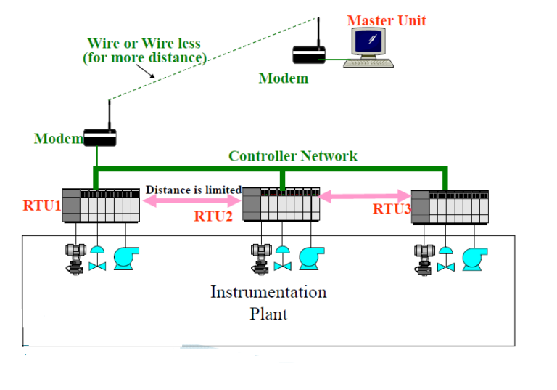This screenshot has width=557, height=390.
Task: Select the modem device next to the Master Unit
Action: (308, 55)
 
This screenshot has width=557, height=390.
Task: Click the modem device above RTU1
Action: (99, 137)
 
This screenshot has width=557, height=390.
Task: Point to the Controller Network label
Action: (292, 155)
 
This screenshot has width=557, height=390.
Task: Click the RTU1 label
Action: (41, 206)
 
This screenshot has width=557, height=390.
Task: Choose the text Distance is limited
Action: (193, 190)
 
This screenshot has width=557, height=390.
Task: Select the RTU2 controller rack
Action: (281, 204)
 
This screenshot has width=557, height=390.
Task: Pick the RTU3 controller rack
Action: (450, 206)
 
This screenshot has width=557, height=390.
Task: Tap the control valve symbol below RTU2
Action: (282, 259)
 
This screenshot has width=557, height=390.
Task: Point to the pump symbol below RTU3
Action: (474, 259)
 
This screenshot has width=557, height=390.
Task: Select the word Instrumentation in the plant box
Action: (268, 293)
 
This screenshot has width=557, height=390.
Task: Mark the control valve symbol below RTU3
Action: (446, 259)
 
